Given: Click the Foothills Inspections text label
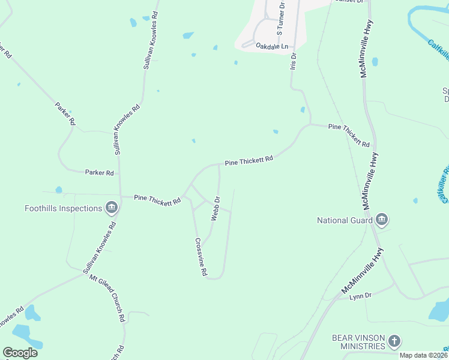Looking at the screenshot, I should [x=63, y=208].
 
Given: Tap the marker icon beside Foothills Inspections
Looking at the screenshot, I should [x=111, y=208].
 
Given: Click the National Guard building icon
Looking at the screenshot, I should [x=382, y=220].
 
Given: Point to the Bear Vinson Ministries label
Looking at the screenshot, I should [x=358, y=341].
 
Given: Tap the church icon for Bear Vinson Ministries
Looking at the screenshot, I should [x=394, y=341].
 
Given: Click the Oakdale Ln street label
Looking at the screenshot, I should [x=272, y=46].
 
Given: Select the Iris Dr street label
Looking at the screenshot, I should [x=294, y=61].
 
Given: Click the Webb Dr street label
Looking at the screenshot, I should [x=215, y=208].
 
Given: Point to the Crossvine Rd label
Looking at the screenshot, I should [x=200, y=257].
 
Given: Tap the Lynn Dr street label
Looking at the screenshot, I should [x=361, y=296].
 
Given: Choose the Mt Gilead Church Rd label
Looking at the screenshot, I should [x=107, y=299].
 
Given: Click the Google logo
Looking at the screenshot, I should [x=20, y=353].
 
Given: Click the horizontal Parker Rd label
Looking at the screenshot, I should [x=99, y=173].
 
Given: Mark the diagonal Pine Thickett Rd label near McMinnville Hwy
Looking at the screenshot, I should [x=349, y=135].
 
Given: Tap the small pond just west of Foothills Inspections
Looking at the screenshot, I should [x=59, y=190].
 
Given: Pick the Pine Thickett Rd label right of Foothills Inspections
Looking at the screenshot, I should [x=157, y=199].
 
